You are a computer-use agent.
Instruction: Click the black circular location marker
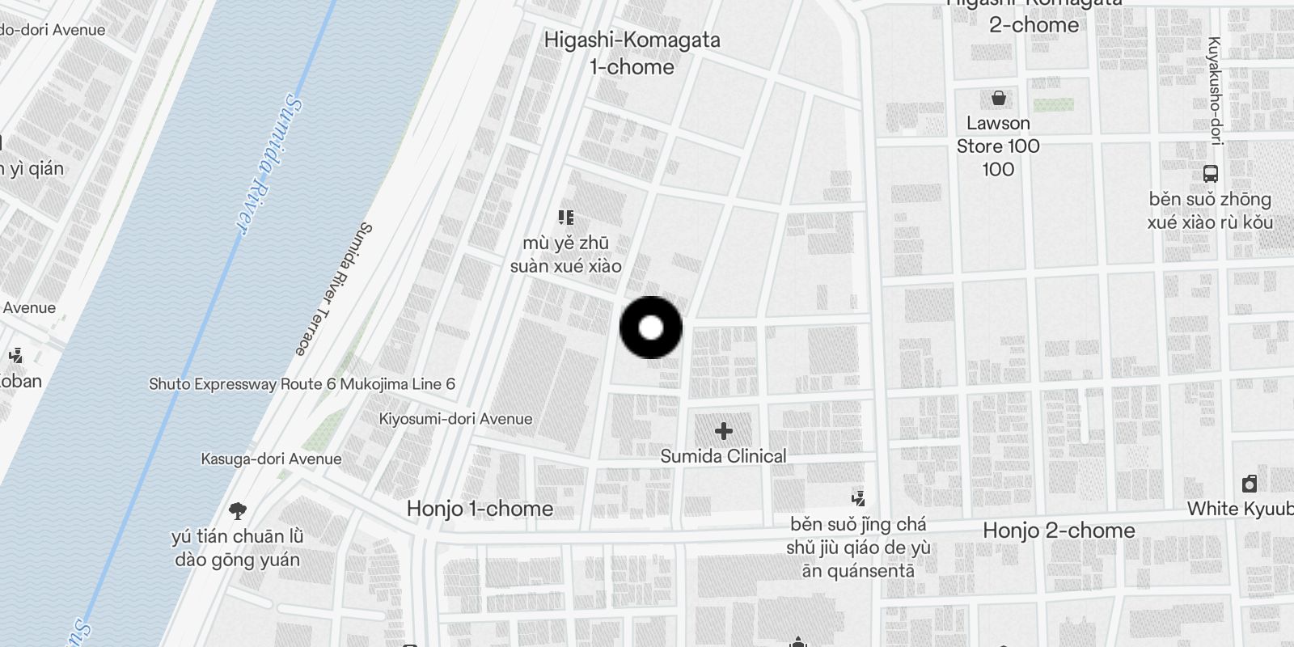coord(651,328)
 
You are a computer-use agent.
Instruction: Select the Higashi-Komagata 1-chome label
coord(632,53)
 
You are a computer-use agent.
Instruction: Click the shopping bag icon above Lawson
coord(999,99)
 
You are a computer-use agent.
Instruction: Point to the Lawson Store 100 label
coord(998,146)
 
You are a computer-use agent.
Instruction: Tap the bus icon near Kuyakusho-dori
coord(1210,173)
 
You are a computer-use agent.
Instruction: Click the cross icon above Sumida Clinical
coord(723,431)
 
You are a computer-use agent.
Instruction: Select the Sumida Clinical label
coord(723,456)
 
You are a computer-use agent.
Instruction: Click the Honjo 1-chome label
coord(480,509)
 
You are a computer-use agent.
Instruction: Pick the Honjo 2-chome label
coord(1059,531)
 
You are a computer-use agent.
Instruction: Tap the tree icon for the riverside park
coord(237,510)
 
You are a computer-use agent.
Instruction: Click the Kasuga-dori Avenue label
coord(271,459)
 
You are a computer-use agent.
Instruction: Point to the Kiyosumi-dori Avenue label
coord(455,419)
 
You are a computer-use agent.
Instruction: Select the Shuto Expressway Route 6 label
coord(302,384)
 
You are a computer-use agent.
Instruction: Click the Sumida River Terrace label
coord(332,289)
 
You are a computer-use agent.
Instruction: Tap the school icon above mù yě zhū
coord(566,217)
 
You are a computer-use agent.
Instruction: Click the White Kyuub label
coord(1240,509)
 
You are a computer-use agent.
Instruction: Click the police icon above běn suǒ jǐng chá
coord(858,498)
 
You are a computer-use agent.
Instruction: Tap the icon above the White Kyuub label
coord(1250,484)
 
